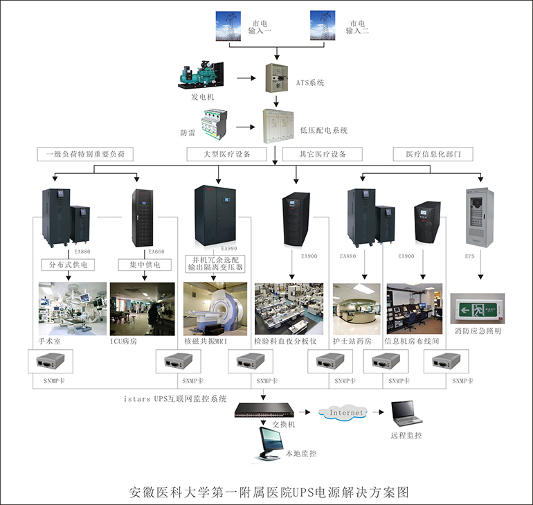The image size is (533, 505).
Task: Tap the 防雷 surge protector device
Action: coord(214,127)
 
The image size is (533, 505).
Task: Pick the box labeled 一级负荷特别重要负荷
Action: coord(84,154)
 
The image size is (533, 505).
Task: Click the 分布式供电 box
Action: coord(67,265)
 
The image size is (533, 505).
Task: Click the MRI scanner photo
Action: coord(215,308)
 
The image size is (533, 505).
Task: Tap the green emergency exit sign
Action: coord(478,308)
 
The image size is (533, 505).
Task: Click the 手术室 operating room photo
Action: coord(73,308)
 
